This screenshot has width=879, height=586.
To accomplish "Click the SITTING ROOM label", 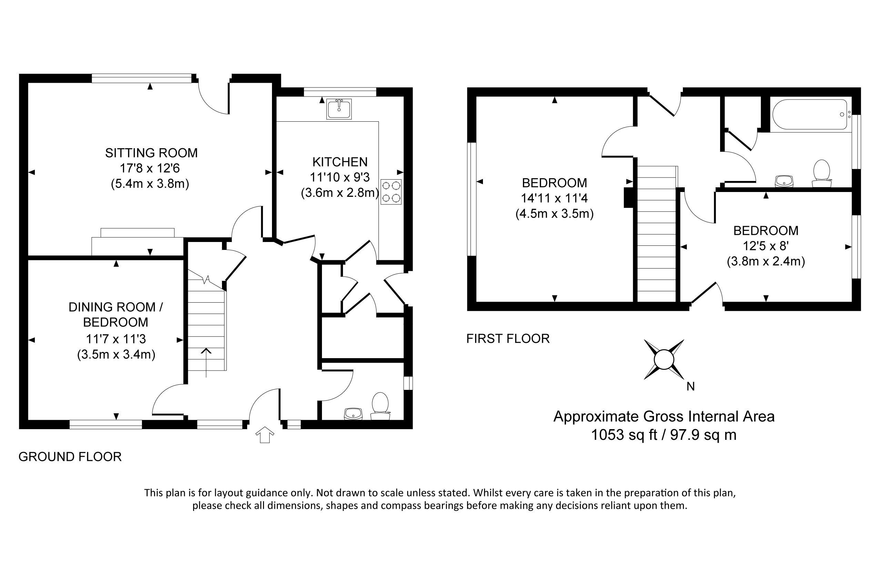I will (151, 153).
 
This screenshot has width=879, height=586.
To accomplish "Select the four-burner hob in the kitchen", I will (391, 192).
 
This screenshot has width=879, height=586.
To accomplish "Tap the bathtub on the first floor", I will (809, 114).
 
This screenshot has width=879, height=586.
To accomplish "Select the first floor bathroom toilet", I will (821, 173).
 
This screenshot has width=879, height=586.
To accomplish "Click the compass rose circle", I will (664, 360).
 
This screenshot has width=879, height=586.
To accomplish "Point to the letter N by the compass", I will (690, 387).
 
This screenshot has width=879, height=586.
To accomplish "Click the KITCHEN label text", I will (340, 162).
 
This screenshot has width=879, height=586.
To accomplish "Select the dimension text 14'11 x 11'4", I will (554, 198).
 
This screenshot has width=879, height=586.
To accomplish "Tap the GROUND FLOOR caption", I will (70, 457).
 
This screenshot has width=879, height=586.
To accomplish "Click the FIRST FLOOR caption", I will (508, 339).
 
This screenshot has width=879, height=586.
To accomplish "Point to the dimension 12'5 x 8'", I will (765, 246).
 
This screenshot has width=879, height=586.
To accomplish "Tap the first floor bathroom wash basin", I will (784, 181).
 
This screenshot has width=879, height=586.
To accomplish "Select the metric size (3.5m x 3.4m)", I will (116, 354).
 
